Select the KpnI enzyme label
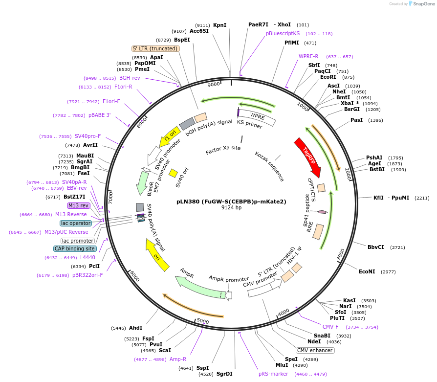pyautogui.click(x=220, y=25)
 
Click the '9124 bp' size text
pyautogui.click(x=231, y=207)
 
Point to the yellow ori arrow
pyautogui.click(x=157, y=254)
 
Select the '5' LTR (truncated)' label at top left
pyautogui.click(x=155, y=48)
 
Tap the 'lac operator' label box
pyautogui.click(x=76, y=223)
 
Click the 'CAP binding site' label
pyautogui.click(x=75, y=248)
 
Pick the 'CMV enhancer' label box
pyautogui.click(x=315, y=350)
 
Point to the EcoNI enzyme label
pyautogui.click(x=367, y=271)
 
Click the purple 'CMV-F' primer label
pyautogui.click(x=330, y=327)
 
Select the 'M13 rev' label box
pyautogui.click(x=78, y=205)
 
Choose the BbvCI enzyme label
pyautogui.click(x=376, y=247)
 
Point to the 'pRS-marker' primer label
pyautogui.click(x=273, y=374)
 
